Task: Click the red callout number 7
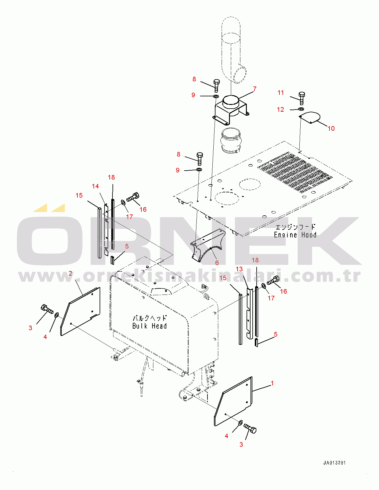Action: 255,89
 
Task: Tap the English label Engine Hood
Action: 295,235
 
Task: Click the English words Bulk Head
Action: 149,326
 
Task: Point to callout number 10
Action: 331,129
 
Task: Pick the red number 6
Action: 217,263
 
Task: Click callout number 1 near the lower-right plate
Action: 272,383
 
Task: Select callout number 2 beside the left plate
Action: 70,273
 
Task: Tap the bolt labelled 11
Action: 302,98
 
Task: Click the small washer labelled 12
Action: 301,109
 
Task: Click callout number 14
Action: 95,186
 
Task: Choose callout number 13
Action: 239,269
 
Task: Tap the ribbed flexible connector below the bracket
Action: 231,140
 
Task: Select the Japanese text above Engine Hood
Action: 295,227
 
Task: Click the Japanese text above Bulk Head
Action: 149,318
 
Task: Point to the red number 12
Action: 280,110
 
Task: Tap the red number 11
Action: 281,93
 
